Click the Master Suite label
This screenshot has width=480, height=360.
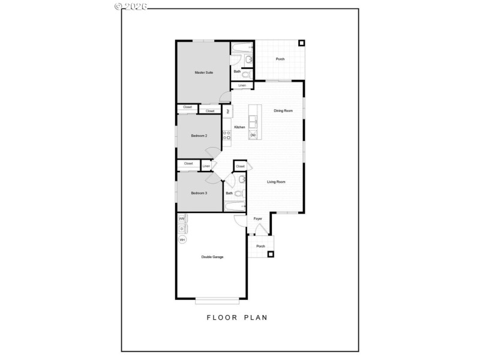click(204, 73)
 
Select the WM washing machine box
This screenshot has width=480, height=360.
click(182, 219)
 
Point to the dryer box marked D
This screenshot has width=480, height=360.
click(182, 229)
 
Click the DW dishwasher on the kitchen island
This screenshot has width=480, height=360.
click(253, 135)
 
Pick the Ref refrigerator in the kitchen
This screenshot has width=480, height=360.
click(227, 111)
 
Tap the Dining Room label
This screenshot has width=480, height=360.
click(283, 111)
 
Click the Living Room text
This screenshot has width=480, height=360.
click(276, 182)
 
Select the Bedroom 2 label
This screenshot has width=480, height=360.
click(199, 136)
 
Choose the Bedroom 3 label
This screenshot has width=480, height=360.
click(199, 193)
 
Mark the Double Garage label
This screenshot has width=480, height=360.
click(212, 257)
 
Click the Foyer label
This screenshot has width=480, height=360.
click(258, 219)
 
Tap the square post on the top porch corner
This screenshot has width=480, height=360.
click(301, 43)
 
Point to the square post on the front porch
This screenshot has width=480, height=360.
click(271, 254)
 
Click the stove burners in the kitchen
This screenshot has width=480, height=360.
click(227, 136)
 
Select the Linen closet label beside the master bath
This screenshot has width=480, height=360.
click(242, 86)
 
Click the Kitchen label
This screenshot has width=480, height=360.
click(239, 127)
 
